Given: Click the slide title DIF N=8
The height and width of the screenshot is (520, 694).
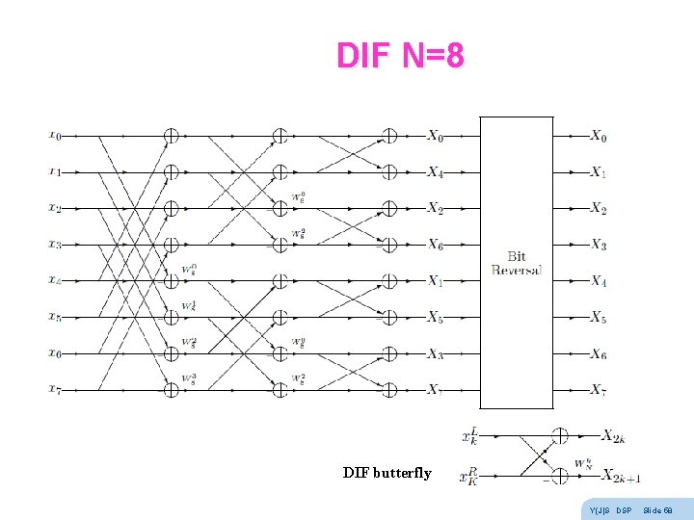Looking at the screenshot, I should [x=400, y=56].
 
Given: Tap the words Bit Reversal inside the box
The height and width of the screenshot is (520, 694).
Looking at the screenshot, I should [x=517, y=263].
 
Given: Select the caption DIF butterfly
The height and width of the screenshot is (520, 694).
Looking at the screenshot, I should [x=387, y=473].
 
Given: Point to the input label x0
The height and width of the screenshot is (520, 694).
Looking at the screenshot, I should [x=55, y=136].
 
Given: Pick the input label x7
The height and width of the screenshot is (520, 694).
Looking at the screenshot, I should [x=55, y=389].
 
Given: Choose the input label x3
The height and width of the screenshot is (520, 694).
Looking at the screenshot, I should [x=55, y=245].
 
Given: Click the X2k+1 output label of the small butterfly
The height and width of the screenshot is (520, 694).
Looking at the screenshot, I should [x=621, y=476].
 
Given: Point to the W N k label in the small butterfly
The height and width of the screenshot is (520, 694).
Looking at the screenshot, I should [x=583, y=462].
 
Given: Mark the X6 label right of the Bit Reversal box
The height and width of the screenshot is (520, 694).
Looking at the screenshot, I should [x=599, y=354].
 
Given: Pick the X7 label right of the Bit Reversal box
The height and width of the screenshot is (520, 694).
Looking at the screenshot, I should [x=599, y=390].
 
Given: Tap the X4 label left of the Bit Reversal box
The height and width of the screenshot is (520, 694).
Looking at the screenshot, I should [x=436, y=172].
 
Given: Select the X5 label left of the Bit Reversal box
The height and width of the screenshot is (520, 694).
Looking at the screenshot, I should [x=436, y=317].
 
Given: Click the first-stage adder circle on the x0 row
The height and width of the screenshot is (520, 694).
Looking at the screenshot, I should [x=171, y=136].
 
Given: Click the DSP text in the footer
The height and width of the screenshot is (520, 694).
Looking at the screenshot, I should [x=623, y=509].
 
